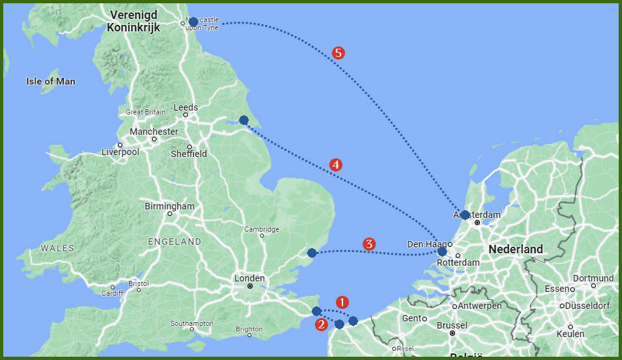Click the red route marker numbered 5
[x=338, y=53]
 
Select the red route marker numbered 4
[x=335, y=165]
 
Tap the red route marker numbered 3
[x=369, y=244]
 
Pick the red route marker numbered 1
[x=342, y=302]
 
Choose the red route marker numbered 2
[x=321, y=324]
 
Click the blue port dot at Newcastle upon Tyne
[x=193, y=22]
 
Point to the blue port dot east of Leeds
[x=244, y=120]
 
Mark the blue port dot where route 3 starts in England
[x=312, y=253]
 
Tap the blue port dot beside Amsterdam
[x=465, y=215]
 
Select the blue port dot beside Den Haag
[x=442, y=251]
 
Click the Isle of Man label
[x=50, y=82]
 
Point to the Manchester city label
[x=154, y=132]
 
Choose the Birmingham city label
[x=170, y=206]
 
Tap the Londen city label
[x=249, y=278]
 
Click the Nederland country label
[x=516, y=249]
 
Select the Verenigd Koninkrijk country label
[x=136, y=20]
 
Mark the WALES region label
[x=58, y=248]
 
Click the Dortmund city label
[x=596, y=278]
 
